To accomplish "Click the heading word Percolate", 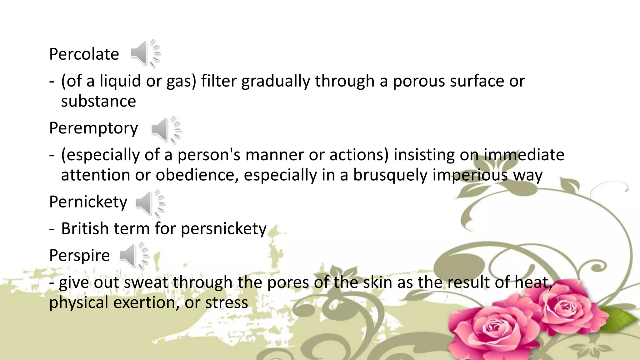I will [x=84, y=54].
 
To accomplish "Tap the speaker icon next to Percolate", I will [x=144, y=53].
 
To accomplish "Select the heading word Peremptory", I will [x=93, y=128].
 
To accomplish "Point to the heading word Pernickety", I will [x=88, y=202].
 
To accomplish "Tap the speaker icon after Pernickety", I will [x=149, y=203].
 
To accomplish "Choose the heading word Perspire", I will [x=79, y=255].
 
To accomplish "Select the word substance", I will [x=98, y=101].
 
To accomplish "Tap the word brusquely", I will [x=390, y=175].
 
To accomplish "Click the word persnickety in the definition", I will [x=223, y=228].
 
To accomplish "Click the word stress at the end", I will [x=227, y=302].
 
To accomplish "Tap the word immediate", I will [x=524, y=155].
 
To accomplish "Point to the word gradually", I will [x=275, y=81].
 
